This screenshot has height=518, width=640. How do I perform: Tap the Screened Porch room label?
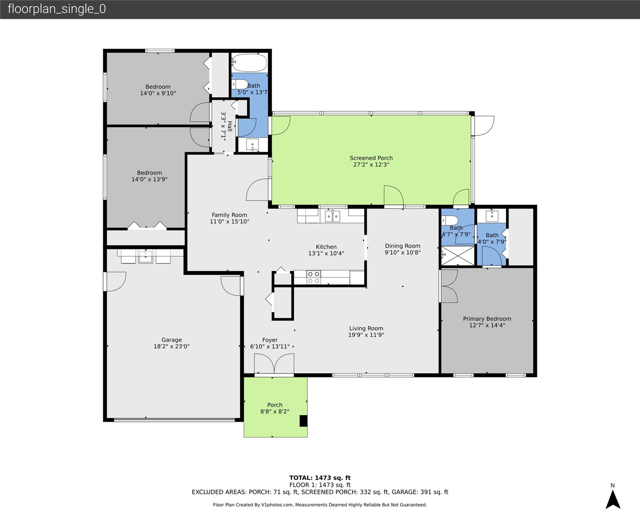coord(371,158)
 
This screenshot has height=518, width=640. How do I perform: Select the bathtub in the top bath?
coord(250,63)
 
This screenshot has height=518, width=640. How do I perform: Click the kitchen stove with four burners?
coord(313,278)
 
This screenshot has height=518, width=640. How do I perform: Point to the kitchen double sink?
coord(332,216)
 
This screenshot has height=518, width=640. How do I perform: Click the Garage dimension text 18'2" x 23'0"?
coord(171,346)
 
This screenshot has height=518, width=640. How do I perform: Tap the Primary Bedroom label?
coord(487,319)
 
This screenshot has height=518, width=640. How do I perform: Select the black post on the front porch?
coord(303,421)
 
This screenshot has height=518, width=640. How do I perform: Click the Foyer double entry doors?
coord(274,364)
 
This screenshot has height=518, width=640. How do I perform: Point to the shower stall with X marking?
coord(458,256)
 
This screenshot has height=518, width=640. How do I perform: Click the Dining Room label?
coord(403,246)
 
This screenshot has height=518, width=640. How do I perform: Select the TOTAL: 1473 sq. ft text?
coord(320,478)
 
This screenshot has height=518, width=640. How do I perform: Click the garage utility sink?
coord(146,257)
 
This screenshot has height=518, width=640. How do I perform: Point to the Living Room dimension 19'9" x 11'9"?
coord(366,335)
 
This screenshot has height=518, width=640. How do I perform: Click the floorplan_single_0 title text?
coord(57,9)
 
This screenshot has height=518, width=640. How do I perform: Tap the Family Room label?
coord(229,215)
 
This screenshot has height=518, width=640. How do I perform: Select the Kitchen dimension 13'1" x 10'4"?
coord(326,253)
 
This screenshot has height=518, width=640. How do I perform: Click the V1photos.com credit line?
coord(320,505)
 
